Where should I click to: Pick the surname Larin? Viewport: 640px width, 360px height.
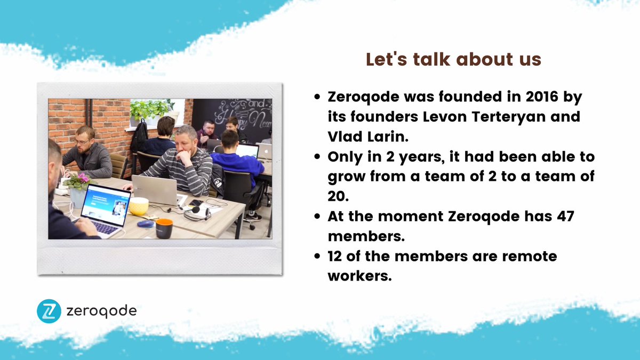tap(387, 135)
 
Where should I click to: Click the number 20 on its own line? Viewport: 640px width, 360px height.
tap(338, 196)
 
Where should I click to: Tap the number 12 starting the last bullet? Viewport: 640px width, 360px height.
tap(337, 257)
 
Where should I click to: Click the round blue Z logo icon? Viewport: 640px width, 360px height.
tap(49, 311)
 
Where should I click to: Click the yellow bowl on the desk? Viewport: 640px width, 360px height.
tap(139, 206)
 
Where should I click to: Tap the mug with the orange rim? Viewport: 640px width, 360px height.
tap(164, 228)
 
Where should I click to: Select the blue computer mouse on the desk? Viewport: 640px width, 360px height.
tap(145, 223)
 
